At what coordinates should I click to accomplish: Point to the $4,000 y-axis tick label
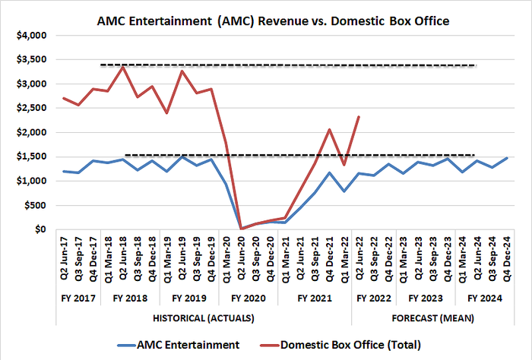tap(30, 35)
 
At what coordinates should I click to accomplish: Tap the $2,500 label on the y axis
tap(30, 108)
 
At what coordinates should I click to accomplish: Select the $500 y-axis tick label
tap(33, 205)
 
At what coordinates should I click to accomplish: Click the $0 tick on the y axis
tap(40, 229)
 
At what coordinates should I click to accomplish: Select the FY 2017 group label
tap(77, 298)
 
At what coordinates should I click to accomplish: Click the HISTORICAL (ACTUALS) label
tap(202, 315)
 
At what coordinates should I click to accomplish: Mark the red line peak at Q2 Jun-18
tap(123, 67)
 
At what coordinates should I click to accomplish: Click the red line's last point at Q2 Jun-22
tap(359, 116)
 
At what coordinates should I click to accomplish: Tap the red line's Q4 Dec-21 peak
tap(329, 129)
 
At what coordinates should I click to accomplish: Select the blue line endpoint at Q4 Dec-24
tap(506, 158)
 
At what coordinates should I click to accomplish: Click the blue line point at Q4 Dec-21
tap(329, 172)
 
